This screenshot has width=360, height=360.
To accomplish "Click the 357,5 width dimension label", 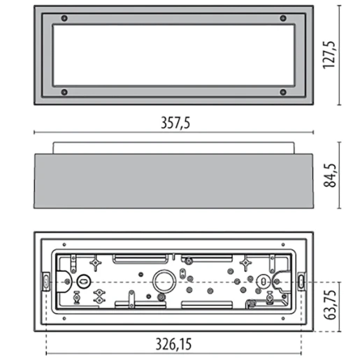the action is pyautogui.click(x=175, y=123).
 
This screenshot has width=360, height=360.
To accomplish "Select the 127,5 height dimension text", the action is pyautogui.click(x=329, y=55).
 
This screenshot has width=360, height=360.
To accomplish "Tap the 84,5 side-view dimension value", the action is pyautogui.click(x=330, y=175).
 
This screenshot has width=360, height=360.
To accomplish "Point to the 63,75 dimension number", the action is pyautogui.click(x=330, y=305).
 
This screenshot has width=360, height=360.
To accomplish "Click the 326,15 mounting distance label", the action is pyautogui.click(x=173, y=344).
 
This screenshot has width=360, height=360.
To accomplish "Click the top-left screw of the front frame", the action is pyautogui.click(x=64, y=18).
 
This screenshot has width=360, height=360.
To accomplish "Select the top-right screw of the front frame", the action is pyautogui.click(x=283, y=18).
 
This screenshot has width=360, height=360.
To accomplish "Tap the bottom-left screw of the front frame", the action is pyautogui.click(x=64, y=92).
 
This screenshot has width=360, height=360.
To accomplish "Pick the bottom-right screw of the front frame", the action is pyautogui.click(x=283, y=92).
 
